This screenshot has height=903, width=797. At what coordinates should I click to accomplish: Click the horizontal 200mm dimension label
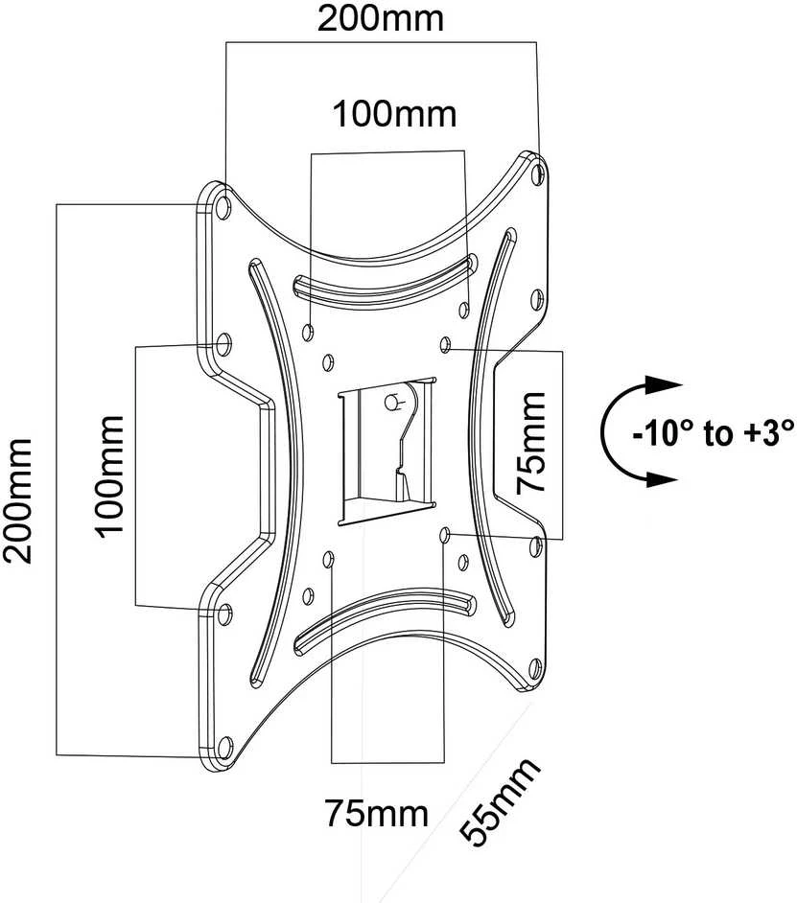coord(381,18)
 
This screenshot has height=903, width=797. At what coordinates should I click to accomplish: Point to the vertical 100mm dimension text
coord(109,476)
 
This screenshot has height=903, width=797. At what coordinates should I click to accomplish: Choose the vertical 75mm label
coord(530,443)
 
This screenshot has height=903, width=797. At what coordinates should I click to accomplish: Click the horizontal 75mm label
coord(377,813)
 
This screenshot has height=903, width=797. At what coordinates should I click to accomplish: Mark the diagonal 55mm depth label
coord(500,801)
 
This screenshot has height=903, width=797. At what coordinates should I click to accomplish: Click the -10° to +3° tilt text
coord(714,433)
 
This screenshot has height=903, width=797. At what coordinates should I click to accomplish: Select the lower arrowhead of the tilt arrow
coord(663,479)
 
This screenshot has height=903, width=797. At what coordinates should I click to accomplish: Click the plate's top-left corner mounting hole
coord(224,202)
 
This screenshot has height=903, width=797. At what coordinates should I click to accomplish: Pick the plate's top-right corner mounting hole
coord(538,173)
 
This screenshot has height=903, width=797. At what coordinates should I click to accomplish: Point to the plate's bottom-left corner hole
coord(224,748)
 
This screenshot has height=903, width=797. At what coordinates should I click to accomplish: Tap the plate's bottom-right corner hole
coord(535,668)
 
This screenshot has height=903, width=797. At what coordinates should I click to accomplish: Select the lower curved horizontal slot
coord(385,618)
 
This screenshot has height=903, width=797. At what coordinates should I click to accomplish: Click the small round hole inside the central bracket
coord(392,402)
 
